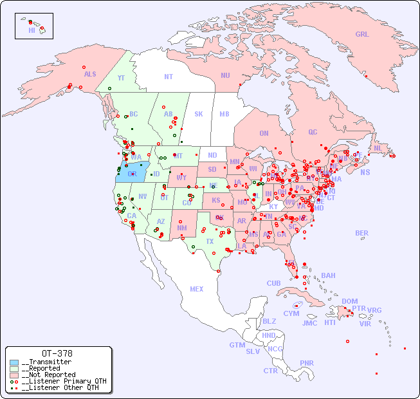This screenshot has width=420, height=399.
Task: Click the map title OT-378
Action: click(57, 353)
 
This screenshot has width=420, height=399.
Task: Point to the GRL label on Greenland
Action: click(362, 34)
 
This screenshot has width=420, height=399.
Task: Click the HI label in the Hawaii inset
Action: click(32, 30)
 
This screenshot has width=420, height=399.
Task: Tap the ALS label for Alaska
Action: click(90, 74)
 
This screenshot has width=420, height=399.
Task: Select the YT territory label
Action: click(121, 78)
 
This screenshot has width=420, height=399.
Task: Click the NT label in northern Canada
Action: click(168, 77)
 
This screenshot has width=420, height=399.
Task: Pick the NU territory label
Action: click(225, 75)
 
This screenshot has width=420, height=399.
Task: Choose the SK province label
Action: click(199, 114)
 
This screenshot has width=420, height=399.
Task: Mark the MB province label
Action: click(224, 114)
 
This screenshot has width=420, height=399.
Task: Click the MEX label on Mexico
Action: click(197, 289)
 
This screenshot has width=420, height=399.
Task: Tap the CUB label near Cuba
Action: click(273, 283)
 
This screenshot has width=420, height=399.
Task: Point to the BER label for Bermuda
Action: click(361, 233)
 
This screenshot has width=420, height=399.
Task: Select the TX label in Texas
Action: click(209, 241)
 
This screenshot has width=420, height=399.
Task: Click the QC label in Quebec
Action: click(313, 132)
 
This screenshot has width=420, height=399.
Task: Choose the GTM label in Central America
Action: click(237, 345)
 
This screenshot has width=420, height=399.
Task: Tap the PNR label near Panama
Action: click(307, 363)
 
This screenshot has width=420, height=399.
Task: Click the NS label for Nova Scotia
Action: click(365, 172)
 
